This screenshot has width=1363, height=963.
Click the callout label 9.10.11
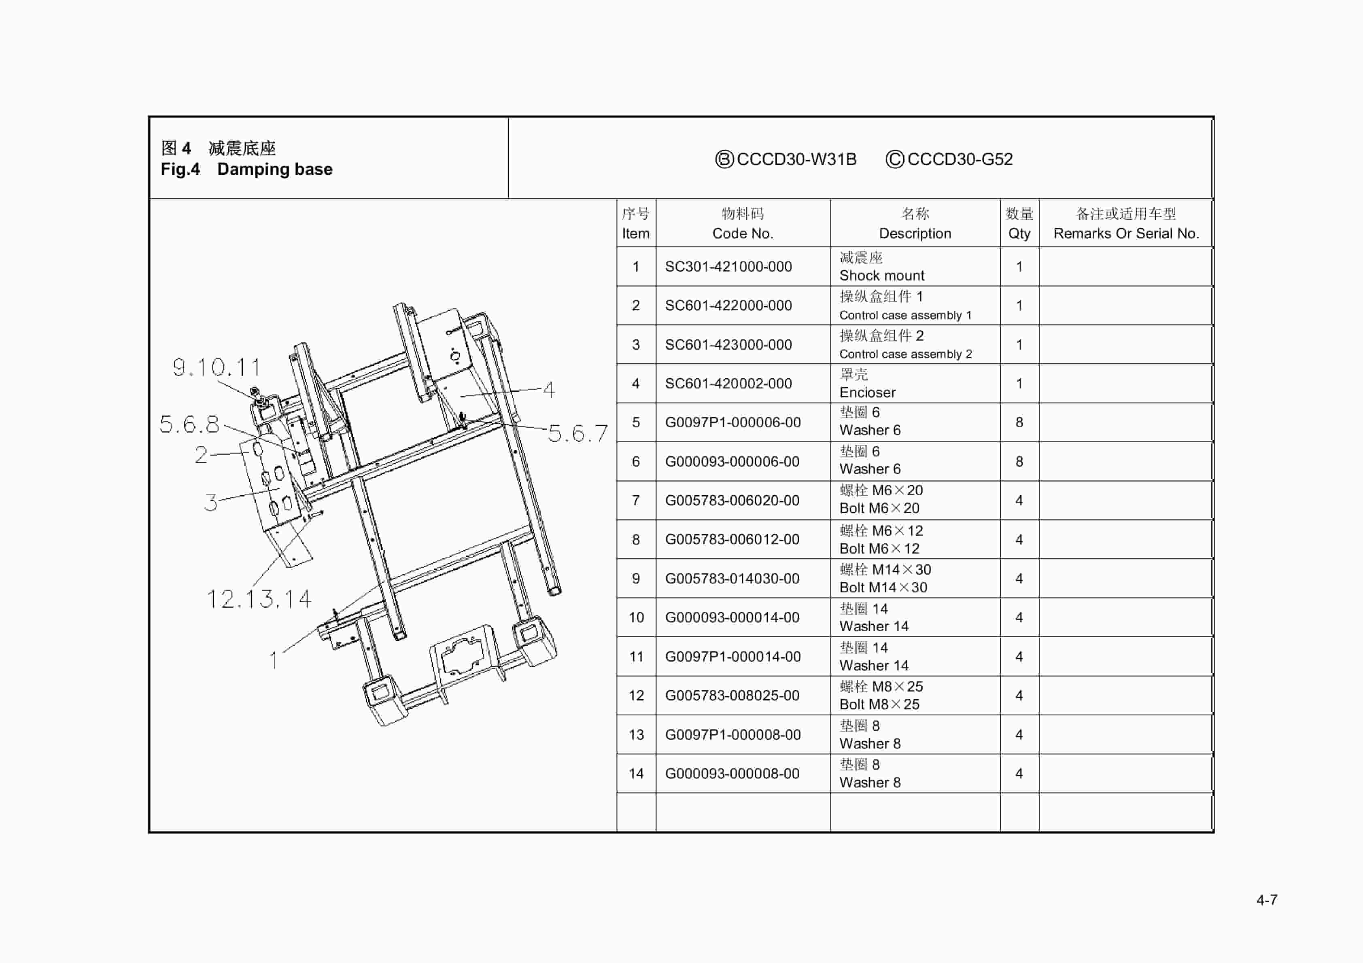pyautogui.click(x=217, y=367)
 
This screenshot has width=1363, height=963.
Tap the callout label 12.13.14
pyautogui.click(x=259, y=599)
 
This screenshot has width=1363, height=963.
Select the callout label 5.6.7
pyautogui.click(x=577, y=433)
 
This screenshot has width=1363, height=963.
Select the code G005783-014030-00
pyautogui.click(x=732, y=578)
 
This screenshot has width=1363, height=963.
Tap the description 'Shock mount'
pyautogui.click(x=881, y=276)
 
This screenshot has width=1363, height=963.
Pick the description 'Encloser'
pyautogui.click(x=867, y=392)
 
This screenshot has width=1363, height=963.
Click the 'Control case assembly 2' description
pyautogui.click(x=905, y=354)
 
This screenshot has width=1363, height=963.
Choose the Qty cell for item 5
pyautogui.click(x=1019, y=422)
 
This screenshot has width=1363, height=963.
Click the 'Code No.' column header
pyautogui.click(x=743, y=233)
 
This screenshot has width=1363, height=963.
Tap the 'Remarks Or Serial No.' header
pyautogui.click(x=1125, y=233)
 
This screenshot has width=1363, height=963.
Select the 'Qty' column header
pyautogui.click(x=1019, y=233)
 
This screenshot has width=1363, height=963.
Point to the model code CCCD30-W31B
pyautogui.click(x=796, y=159)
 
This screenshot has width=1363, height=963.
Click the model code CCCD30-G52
pyautogui.click(x=960, y=159)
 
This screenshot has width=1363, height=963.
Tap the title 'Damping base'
pyautogui.click(x=274, y=169)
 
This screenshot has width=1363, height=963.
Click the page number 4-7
pyautogui.click(x=1266, y=900)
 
